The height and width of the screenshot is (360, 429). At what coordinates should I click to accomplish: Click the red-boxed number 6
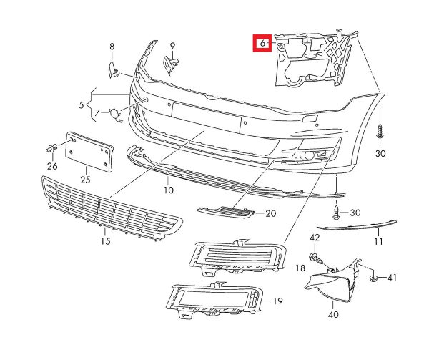(263, 43)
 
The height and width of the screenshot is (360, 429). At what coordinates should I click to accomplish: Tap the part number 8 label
(112, 47)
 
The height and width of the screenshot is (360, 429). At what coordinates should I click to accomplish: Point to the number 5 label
(81, 104)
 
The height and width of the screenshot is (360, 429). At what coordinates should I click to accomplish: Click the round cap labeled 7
(114, 113)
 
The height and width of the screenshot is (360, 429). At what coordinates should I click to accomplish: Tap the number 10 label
(168, 190)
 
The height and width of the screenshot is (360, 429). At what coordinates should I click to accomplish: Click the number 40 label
(333, 313)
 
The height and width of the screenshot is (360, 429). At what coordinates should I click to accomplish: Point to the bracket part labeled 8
(112, 68)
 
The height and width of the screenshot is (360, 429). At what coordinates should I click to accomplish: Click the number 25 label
(86, 180)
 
